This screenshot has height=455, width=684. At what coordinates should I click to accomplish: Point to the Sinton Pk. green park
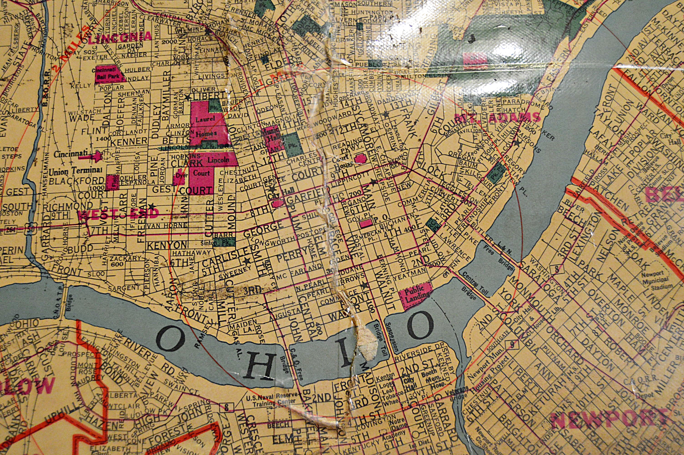(x=223, y=242)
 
